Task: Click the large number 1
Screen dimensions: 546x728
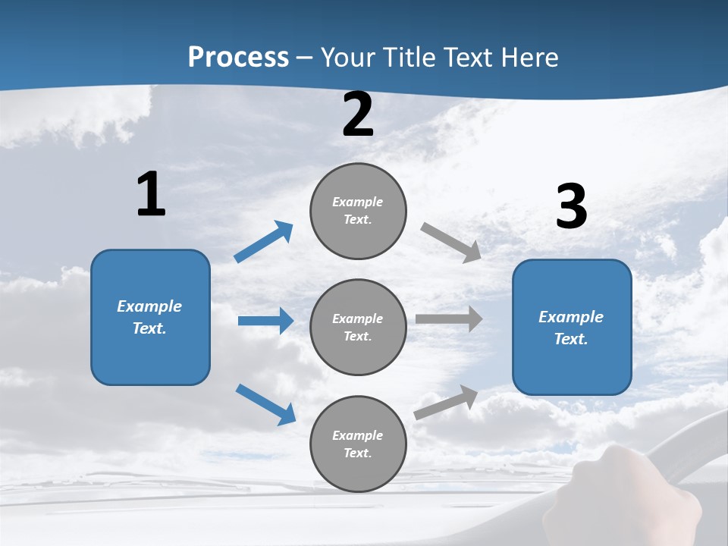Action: tap(151, 195)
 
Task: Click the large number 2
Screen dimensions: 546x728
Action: tap(358, 115)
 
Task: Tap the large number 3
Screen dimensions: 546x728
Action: tap(571, 207)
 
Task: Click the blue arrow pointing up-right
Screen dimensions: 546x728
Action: tap(264, 242)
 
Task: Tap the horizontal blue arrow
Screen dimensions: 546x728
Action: tap(265, 321)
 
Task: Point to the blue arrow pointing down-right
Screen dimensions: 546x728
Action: tap(265, 404)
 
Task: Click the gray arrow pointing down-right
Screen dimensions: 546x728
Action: tap(451, 243)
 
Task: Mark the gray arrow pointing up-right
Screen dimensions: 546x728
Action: tap(447, 403)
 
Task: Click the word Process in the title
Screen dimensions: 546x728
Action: tap(238, 58)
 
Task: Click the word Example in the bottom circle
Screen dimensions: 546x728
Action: tap(357, 435)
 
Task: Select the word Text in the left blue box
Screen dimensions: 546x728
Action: tap(149, 328)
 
